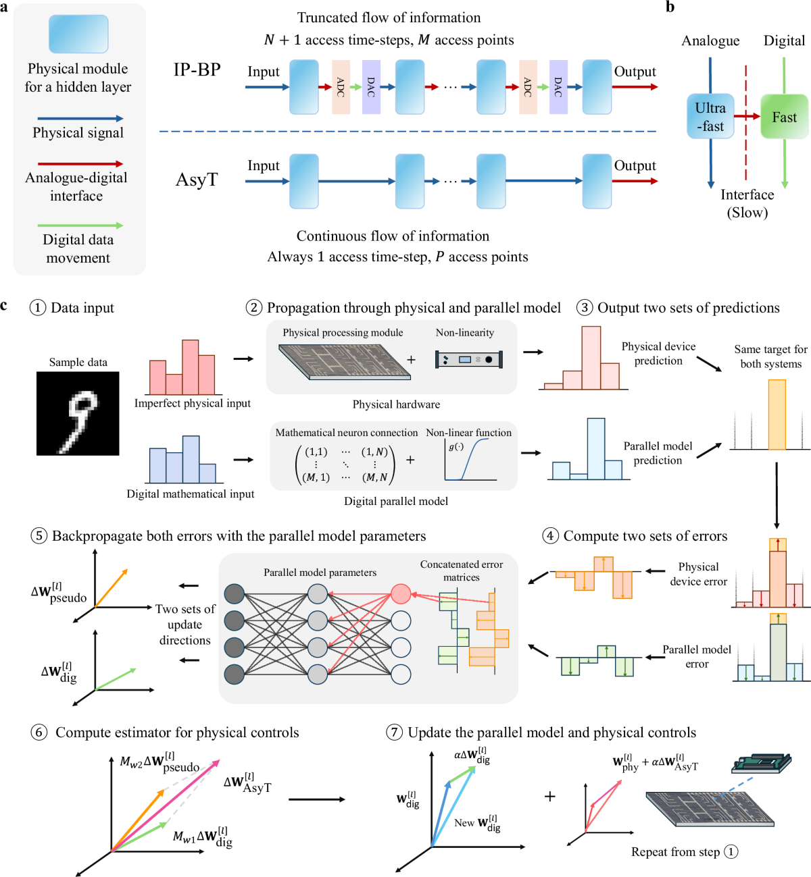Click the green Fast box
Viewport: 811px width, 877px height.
click(784, 117)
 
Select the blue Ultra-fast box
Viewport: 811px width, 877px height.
click(710, 117)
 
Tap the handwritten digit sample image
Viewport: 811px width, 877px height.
click(78, 413)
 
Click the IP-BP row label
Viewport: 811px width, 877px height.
click(197, 70)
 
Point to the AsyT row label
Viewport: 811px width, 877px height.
click(197, 180)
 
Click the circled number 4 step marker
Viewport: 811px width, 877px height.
click(550, 536)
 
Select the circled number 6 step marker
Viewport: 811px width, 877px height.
click(39, 733)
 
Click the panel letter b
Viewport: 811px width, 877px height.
click(670, 7)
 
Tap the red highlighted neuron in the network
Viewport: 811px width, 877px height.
click(401, 593)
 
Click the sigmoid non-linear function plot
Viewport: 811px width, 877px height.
click(470, 460)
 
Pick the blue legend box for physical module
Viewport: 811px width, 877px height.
click(78, 34)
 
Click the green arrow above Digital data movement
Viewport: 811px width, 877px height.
click(80, 225)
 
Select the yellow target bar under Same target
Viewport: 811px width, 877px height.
click(777, 414)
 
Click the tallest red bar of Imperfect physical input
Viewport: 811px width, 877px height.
click(190, 367)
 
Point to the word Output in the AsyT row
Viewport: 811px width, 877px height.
click(635, 165)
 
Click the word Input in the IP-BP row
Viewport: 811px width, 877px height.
click(263, 72)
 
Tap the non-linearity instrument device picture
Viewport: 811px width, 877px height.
click(469, 359)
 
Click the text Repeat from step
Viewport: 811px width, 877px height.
click(675, 852)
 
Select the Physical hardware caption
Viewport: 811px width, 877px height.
click(396, 404)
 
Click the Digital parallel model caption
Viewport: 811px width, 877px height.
click(396, 501)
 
